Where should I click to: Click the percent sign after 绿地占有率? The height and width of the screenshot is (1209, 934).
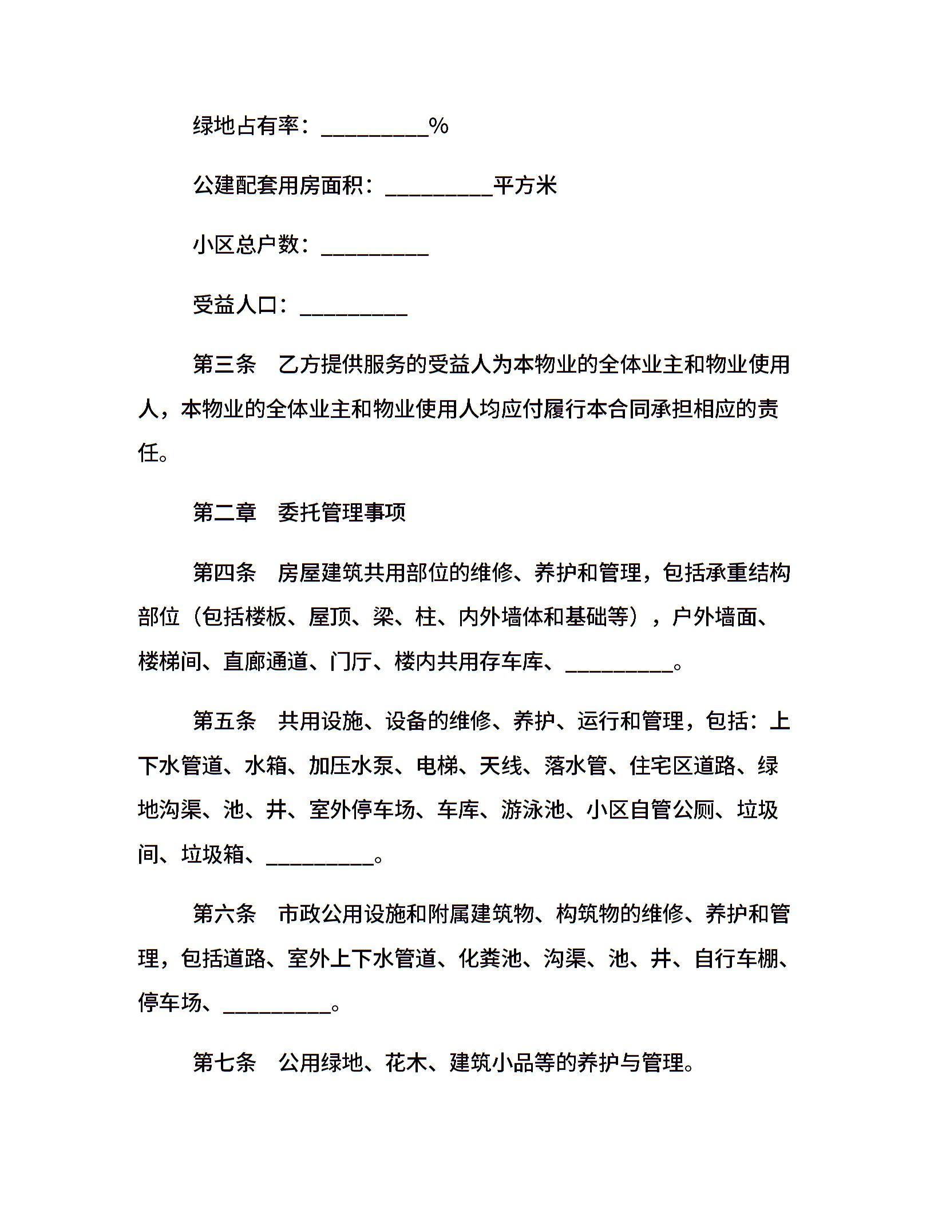coord(438,126)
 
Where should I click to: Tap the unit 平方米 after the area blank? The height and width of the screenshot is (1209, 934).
coord(525,185)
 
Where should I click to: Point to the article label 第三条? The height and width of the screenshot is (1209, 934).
coord(224,365)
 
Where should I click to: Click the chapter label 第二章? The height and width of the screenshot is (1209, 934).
coord(224,512)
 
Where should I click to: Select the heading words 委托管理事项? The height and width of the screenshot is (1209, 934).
coord(342,512)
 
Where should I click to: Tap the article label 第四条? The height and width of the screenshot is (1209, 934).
coord(224,572)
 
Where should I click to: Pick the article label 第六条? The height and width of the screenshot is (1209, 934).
coord(224,914)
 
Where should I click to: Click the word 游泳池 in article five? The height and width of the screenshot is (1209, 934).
coord(533,810)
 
